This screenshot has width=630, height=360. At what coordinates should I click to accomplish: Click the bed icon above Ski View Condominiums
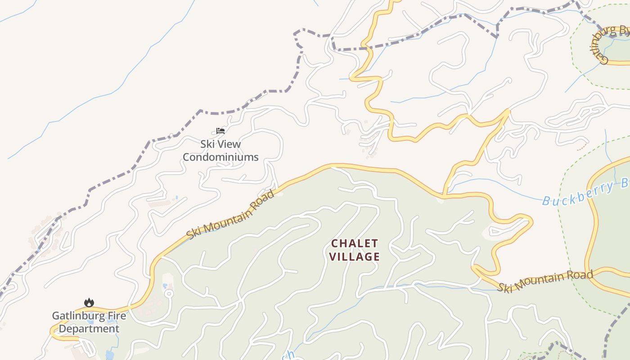point(220,131)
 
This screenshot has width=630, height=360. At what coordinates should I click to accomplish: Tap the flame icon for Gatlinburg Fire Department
point(89,303)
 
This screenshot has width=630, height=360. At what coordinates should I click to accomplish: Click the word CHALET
point(355,243)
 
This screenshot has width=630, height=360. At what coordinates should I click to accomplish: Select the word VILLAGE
point(355,257)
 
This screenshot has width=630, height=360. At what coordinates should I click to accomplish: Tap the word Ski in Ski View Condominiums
point(207,144)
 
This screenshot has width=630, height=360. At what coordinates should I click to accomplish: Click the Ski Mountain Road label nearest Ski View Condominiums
point(230,216)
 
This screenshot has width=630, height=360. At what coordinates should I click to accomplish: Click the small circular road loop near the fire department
point(169,294)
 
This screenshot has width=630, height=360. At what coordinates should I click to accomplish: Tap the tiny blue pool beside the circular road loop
point(165,286)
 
